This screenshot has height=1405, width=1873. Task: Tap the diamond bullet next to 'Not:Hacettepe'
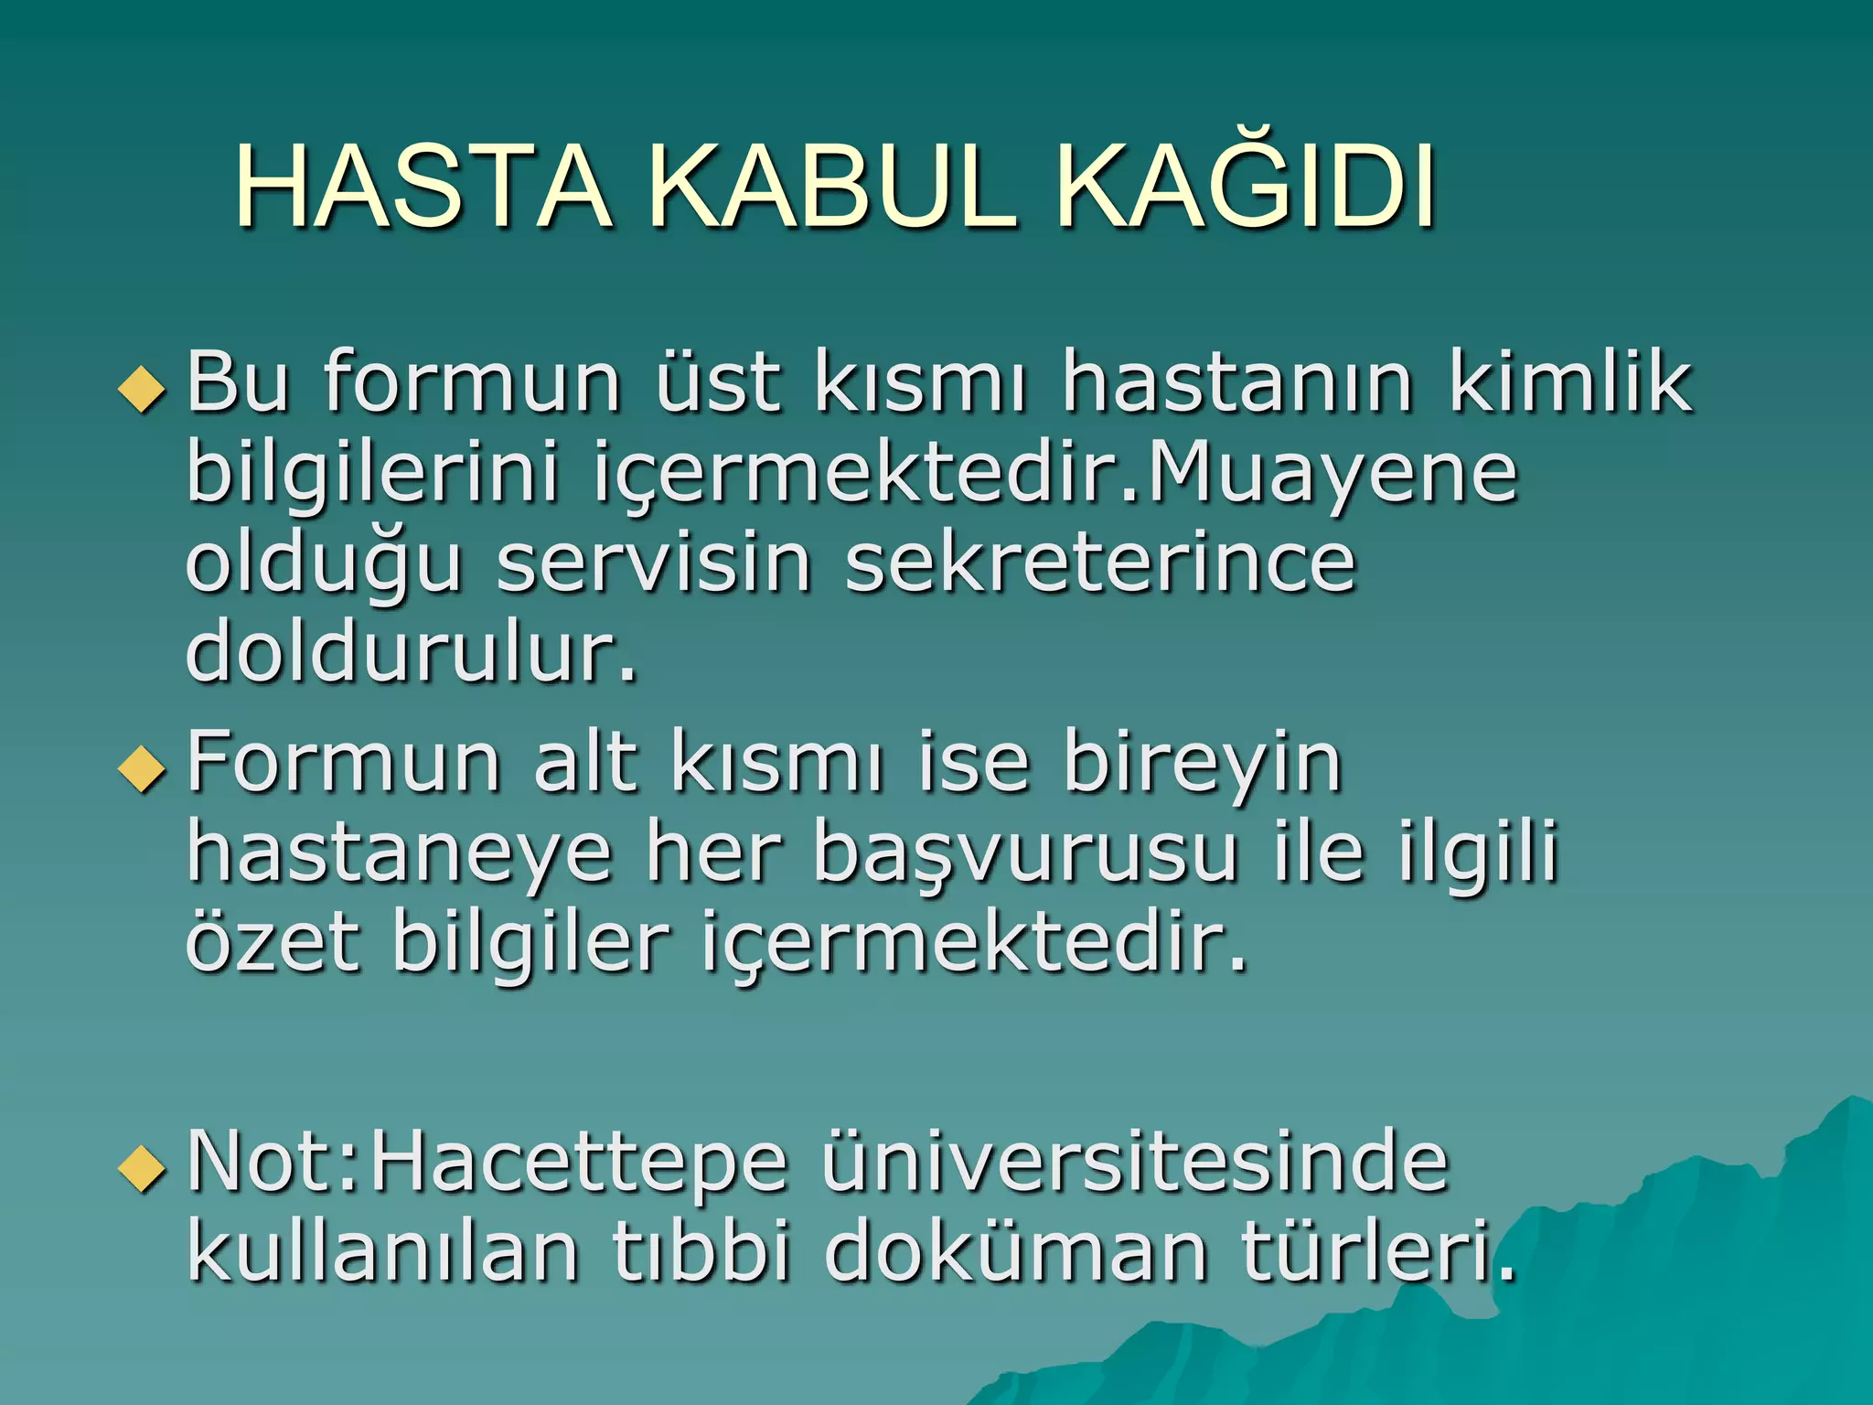pyautogui.click(x=143, y=1168)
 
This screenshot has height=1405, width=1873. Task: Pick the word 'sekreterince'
pyautogui.click(x=1099, y=562)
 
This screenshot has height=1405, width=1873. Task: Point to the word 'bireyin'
pyautogui.click(x=1203, y=763)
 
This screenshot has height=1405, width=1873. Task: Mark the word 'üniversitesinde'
pyautogui.click(x=1135, y=1162)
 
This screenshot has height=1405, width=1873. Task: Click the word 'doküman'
pyautogui.click(x=1016, y=1250)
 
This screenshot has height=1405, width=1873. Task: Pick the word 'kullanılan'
pyautogui.click(x=383, y=1250)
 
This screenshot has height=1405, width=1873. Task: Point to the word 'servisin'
pyautogui.click(x=654, y=562)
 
